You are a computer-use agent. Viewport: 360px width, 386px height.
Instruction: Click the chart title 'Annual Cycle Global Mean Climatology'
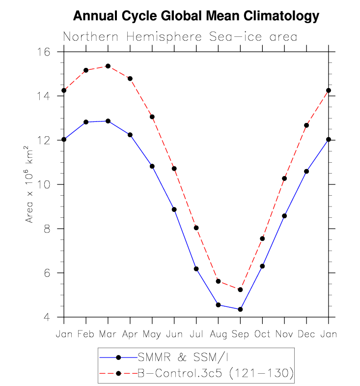[196, 16]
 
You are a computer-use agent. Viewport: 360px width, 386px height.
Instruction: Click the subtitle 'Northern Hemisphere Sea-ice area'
[180, 37]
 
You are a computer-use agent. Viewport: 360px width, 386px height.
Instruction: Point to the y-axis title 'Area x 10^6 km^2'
[29, 184]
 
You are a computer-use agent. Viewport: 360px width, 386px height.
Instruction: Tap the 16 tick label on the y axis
[43, 52]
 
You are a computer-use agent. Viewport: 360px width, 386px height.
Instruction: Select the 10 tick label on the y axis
[43, 184]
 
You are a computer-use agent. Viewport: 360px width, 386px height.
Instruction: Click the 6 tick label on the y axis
[47, 273]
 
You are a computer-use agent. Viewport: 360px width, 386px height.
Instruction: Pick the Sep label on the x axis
[240, 334]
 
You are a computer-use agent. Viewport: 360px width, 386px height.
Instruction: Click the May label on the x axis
[152, 334]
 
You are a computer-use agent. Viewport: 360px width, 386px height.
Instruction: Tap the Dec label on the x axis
[306, 334]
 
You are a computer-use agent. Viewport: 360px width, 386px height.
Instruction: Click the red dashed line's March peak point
[108, 66]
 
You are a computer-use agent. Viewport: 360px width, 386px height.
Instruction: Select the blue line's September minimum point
[240, 309]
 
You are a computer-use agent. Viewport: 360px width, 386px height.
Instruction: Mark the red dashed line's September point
[240, 290]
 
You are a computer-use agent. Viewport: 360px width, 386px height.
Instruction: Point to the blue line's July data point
[196, 269]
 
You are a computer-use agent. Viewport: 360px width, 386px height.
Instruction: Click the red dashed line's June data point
[174, 169]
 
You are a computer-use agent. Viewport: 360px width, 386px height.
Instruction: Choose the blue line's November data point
[284, 216]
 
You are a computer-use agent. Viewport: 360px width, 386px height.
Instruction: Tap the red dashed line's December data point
[306, 125]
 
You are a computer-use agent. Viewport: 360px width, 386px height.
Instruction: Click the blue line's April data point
[130, 135]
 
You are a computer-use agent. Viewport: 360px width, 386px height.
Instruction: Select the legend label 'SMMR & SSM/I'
[183, 357]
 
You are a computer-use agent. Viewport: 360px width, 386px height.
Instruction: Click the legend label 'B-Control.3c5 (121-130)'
[216, 373]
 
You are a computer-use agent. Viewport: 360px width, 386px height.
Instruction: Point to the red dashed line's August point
[218, 281]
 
